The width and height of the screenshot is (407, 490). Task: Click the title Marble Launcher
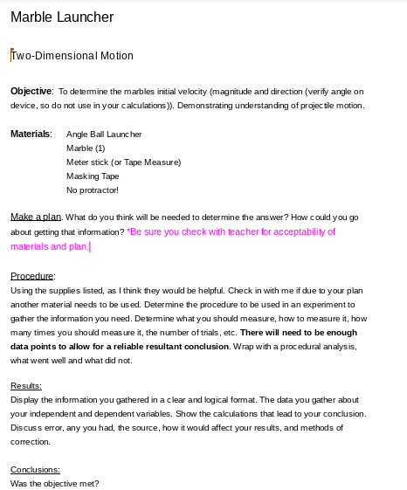click(62, 17)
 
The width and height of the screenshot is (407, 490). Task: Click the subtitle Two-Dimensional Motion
click(72, 56)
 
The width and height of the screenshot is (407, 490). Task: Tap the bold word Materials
click(31, 135)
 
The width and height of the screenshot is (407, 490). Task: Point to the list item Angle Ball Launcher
click(104, 135)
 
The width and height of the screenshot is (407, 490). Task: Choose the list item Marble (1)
click(86, 148)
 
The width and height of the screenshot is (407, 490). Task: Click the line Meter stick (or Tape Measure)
click(123, 162)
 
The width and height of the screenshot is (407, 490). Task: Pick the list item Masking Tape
click(93, 176)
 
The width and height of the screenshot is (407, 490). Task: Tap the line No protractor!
click(92, 190)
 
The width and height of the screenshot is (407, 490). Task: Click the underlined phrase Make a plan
click(36, 217)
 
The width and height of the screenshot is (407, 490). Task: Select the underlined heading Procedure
click(32, 275)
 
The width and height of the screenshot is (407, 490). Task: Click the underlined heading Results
click(26, 385)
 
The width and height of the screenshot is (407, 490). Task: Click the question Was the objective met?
click(55, 483)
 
